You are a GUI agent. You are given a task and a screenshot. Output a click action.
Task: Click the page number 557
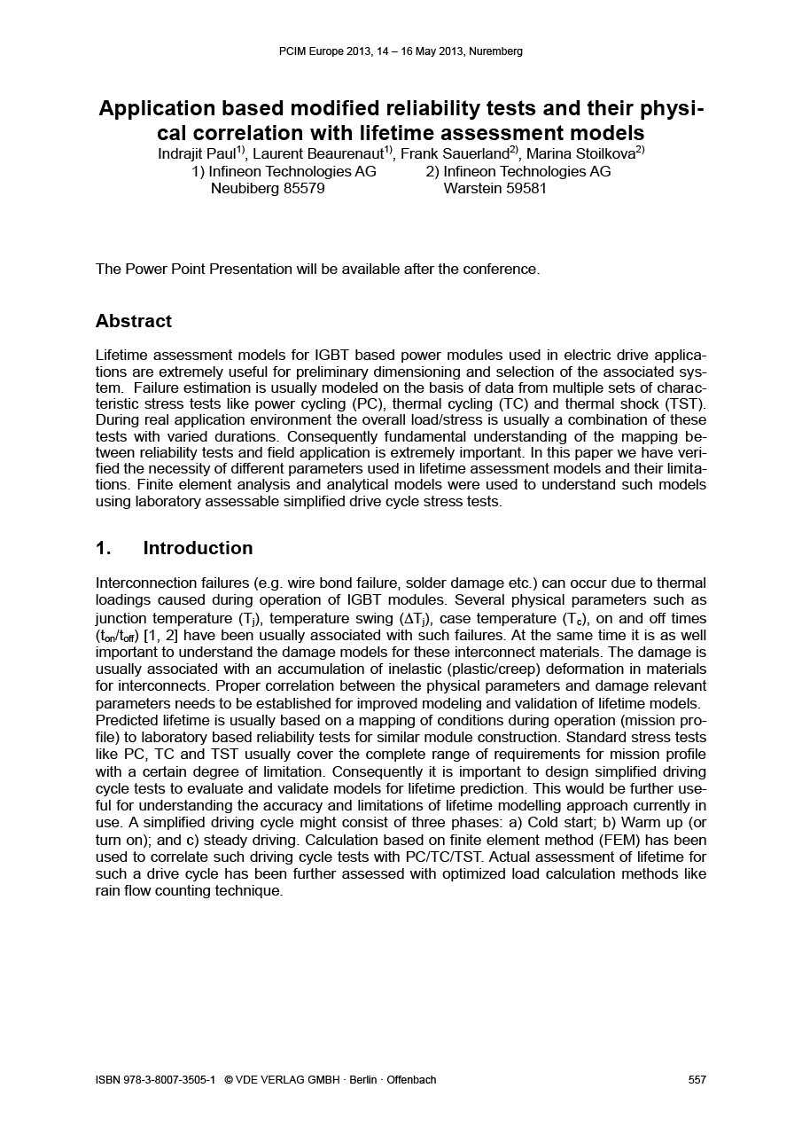(x=697, y=1079)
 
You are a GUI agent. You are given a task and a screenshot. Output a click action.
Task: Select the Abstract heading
(x=133, y=321)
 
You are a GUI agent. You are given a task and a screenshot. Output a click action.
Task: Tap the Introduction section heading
(x=198, y=548)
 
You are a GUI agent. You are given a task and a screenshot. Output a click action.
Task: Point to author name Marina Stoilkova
(x=580, y=154)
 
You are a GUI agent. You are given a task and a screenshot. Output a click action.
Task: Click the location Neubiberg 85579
(x=267, y=188)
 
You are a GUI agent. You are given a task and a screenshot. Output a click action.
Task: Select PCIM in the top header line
(x=292, y=51)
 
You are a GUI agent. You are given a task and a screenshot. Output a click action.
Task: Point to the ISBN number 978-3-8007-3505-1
(x=165, y=1079)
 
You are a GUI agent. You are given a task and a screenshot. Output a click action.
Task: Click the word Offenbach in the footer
(x=411, y=1079)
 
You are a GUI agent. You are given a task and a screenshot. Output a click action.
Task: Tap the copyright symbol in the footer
(x=229, y=1079)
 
